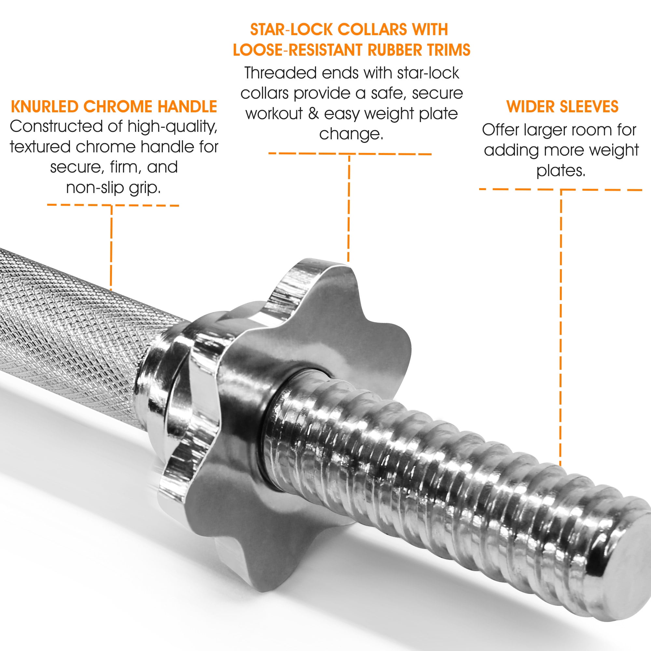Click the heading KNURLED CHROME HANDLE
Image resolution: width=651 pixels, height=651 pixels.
tap(114, 106)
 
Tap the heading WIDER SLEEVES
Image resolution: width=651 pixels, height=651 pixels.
tap(562, 106)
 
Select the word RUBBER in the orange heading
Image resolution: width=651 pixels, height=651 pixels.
tap(395, 50)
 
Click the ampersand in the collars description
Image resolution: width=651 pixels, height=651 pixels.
tap(313, 114)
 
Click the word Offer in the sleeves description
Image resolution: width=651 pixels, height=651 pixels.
tap(501, 130)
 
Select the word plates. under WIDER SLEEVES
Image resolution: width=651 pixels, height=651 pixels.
tap(561, 171)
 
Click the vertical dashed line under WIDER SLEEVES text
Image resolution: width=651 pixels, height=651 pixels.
tap(561, 327)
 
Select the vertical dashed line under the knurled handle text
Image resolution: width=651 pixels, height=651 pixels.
tap(111, 248)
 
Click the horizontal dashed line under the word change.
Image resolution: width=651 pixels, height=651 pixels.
tap(350, 154)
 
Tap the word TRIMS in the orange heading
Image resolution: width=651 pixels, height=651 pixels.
tap(449, 50)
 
